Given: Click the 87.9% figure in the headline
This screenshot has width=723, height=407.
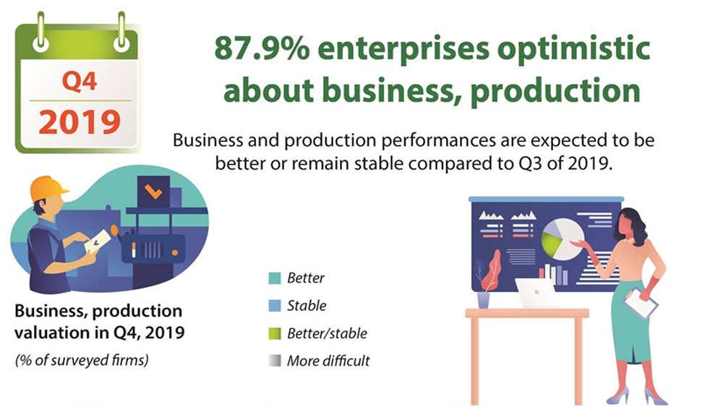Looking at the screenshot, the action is coord(262,48).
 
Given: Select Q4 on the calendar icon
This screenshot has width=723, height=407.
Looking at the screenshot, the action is coord(80,82).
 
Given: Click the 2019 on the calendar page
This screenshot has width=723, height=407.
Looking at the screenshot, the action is coord(80,122).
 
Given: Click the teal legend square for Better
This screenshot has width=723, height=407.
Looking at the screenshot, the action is coord(275,278).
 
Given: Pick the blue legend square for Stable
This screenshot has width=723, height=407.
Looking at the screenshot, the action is coord(275,306).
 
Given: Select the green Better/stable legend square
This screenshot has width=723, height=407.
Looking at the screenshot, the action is coord(275,333).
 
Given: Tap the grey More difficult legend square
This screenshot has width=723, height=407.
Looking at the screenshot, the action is coord(275,361).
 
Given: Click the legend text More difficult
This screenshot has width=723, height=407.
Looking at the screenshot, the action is coord(328,361).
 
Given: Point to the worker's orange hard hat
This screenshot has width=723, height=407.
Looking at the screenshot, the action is coord(48,188).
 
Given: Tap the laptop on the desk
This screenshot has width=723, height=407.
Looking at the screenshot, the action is coord(536,293).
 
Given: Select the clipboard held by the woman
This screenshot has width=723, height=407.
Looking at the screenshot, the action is coord(641,302).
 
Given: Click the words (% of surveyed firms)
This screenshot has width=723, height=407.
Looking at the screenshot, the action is coord(82,360).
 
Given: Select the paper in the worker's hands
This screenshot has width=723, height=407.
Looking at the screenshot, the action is coord(98,241).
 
